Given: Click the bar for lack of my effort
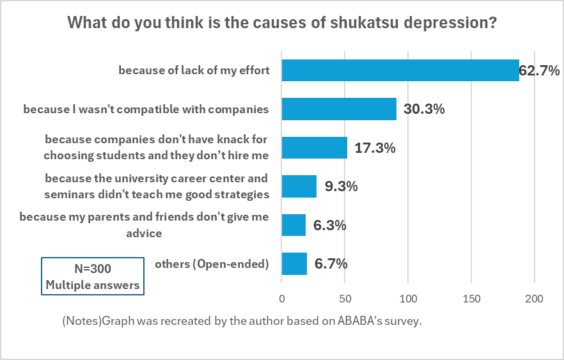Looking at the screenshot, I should click(x=400, y=70).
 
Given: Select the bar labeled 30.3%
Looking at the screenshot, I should click(x=339, y=109).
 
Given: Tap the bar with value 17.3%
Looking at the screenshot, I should click(x=314, y=148).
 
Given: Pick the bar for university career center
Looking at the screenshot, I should click(x=299, y=186).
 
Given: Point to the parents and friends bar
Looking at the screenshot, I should click(x=294, y=225).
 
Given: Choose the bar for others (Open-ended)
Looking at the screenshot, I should click(x=294, y=263).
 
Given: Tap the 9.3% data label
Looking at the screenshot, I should click(x=341, y=187).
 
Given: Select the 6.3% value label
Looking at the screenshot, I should click(x=330, y=225).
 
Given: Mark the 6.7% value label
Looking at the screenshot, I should click(x=331, y=263).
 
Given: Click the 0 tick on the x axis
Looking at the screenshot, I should click(x=281, y=299).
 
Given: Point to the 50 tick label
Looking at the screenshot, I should click(x=345, y=299).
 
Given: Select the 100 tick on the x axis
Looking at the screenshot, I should click(x=408, y=299).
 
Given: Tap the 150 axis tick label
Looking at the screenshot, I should click(x=471, y=299).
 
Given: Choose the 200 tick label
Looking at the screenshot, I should click(x=534, y=299).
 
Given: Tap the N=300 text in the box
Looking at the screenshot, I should click(x=93, y=269).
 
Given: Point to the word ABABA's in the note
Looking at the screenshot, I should click(x=361, y=321).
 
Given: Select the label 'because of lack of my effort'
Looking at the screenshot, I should click(x=193, y=70).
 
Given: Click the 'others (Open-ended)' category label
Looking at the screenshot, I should click(x=212, y=263).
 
